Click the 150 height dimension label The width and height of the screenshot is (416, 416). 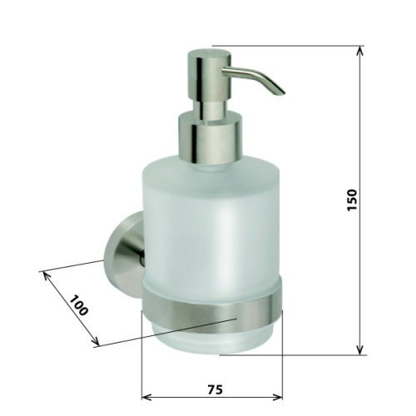point(352,201)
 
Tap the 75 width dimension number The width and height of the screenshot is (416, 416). point(215,389)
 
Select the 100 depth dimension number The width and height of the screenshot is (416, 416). point(78,305)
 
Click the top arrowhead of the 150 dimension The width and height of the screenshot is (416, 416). point(359,51)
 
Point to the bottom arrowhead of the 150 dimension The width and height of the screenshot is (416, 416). point(359,350)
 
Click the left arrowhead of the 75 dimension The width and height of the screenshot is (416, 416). point(146,397)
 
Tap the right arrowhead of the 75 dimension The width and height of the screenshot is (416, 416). point(278,397)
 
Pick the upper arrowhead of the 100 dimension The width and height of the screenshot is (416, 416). point(46,275)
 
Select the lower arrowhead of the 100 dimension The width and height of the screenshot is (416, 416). point(95,341)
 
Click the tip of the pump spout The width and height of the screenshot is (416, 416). point(282,93)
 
